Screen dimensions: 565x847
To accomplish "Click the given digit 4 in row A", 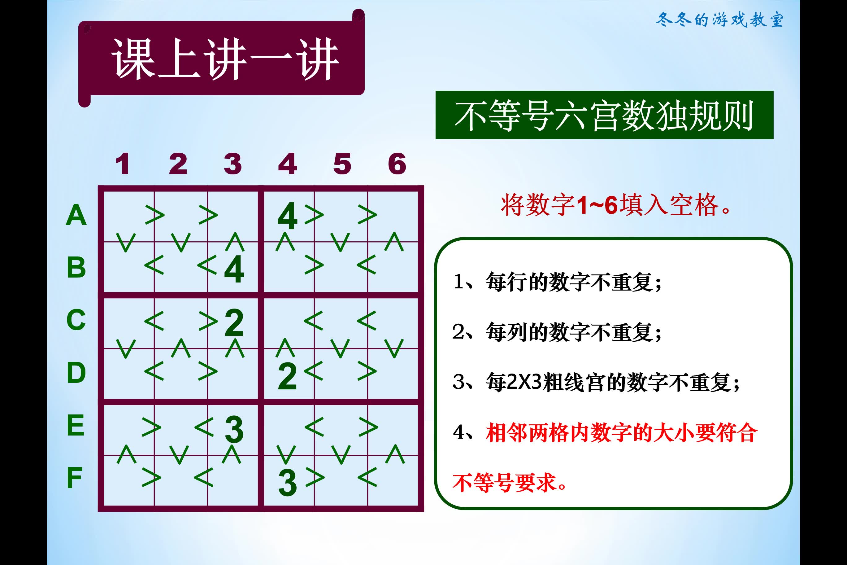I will [287, 216].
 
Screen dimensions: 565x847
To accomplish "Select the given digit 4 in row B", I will [234, 269].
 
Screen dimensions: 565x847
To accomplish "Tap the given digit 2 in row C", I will [234, 322].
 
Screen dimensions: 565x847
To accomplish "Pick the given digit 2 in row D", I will [287, 377].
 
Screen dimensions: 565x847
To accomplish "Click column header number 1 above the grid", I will [123, 164].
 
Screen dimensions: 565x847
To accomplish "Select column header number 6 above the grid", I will [397, 164].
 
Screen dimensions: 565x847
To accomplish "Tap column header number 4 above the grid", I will [287, 164].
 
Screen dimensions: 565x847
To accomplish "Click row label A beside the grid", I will [76, 215].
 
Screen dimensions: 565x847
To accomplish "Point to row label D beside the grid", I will [76, 372].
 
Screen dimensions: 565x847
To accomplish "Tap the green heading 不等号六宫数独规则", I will [604, 115].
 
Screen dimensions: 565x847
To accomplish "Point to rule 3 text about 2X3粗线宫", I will [596, 382].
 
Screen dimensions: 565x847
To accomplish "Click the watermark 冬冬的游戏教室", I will [719, 20].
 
